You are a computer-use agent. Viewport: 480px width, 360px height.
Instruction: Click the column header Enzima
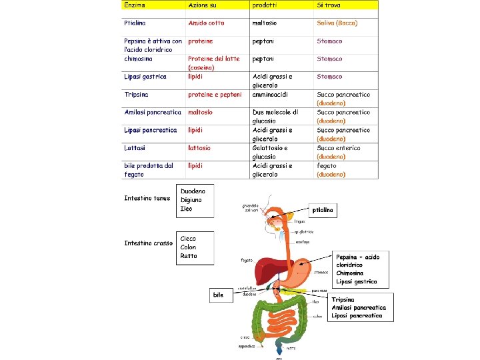click(x=135, y=5)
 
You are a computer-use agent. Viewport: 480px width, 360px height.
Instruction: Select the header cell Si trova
click(x=328, y=5)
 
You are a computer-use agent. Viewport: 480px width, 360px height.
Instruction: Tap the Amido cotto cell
click(x=206, y=23)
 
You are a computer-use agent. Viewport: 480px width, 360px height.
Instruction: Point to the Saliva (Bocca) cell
click(x=337, y=23)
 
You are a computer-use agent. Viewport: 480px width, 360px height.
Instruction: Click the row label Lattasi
click(x=136, y=148)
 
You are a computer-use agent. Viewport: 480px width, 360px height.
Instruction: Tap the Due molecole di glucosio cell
click(x=275, y=117)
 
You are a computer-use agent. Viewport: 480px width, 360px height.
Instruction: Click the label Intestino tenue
click(x=147, y=198)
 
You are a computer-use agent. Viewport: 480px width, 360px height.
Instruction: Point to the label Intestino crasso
click(x=148, y=243)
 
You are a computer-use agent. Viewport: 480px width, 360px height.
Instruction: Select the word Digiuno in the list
click(x=191, y=200)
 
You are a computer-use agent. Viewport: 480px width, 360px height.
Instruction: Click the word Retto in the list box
click(x=189, y=256)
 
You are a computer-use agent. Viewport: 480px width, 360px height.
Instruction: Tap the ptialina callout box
click(x=324, y=210)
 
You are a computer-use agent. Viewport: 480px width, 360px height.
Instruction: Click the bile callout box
click(x=218, y=294)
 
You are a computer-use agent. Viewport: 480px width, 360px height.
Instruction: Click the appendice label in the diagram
click(x=247, y=346)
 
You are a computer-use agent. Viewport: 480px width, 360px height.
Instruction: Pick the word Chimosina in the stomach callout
click(x=350, y=273)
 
